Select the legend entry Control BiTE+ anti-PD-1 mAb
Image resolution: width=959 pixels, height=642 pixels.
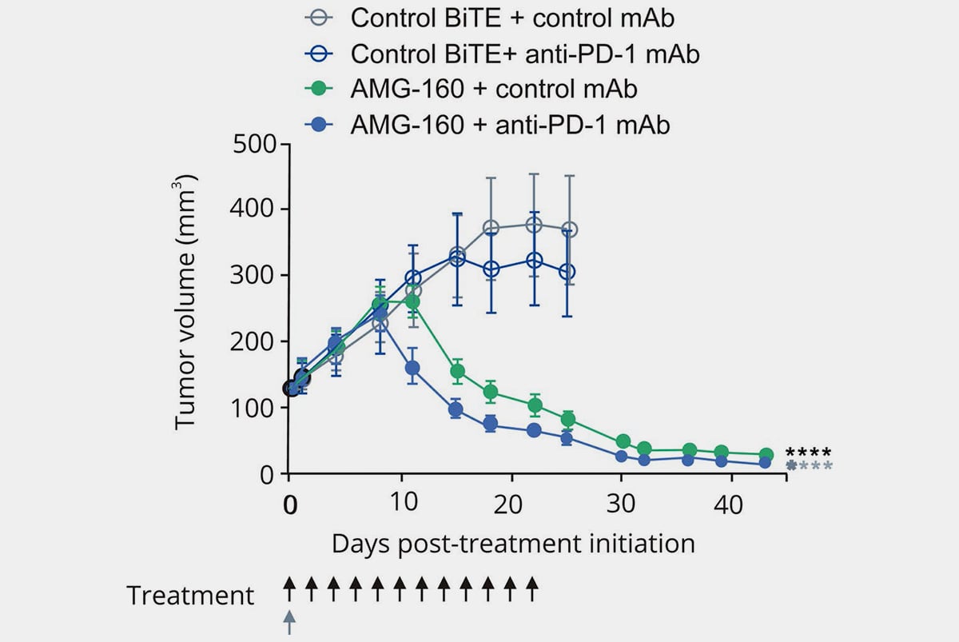coord(526,54)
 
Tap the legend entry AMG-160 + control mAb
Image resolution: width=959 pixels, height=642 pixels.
coord(494,89)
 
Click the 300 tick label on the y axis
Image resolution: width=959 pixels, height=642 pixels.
coord(252,276)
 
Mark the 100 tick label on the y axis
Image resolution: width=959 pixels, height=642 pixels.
coord(252,408)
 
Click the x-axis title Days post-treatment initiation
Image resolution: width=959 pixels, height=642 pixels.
coord(513,544)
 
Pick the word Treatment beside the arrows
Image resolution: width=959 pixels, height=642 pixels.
coord(190,596)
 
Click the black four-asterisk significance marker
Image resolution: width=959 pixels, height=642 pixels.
coord(808,453)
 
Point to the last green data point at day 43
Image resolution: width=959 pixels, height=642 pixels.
coord(766,455)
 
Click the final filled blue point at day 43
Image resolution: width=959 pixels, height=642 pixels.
coord(765,463)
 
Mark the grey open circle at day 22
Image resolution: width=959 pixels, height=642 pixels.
coord(534,225)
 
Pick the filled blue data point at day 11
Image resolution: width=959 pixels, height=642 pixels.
coord(412,369)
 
